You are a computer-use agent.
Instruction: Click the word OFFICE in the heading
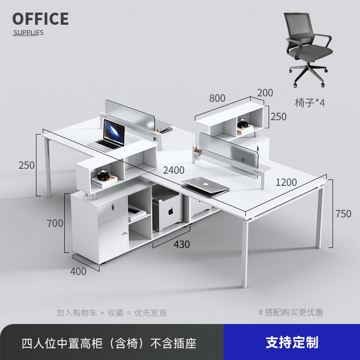40,19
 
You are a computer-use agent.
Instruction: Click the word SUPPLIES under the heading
28,32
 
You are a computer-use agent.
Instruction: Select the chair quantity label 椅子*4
310,102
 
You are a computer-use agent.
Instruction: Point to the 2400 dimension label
174,170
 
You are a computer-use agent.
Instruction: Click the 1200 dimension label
286,182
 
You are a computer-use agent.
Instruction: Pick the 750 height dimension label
343,214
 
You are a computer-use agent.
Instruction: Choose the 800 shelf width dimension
217,98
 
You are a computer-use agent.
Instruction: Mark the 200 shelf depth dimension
265,93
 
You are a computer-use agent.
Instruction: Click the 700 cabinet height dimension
55,222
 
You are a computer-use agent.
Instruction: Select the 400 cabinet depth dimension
78,271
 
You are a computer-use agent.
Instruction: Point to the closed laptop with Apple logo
205,184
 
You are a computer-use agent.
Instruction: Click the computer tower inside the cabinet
167,209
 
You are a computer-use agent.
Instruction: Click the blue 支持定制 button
292,342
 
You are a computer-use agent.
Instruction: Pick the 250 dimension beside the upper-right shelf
279,117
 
